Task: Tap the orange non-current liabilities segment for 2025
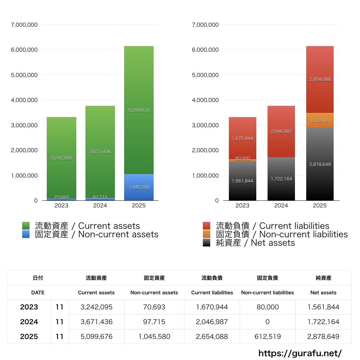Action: pos(320,120)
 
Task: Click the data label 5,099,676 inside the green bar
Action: pos(139,110)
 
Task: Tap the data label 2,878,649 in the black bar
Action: pos(320,164)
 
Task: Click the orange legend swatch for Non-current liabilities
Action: pos(207,234)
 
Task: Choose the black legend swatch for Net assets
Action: pos(207,243)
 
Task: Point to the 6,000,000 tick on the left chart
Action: pos(25,50)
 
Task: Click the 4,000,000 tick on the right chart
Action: pos(205,100)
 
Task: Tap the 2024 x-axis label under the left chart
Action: pos(100,206)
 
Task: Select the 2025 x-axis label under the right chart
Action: pos(320,206)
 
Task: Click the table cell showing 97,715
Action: pos(154,322)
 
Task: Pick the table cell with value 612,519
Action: pos(267,336)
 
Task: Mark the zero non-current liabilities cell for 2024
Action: pos(267,322)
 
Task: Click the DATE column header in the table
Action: pos(38,292)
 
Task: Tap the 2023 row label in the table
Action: pos(29,307)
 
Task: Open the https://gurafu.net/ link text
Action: pos(300,353)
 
